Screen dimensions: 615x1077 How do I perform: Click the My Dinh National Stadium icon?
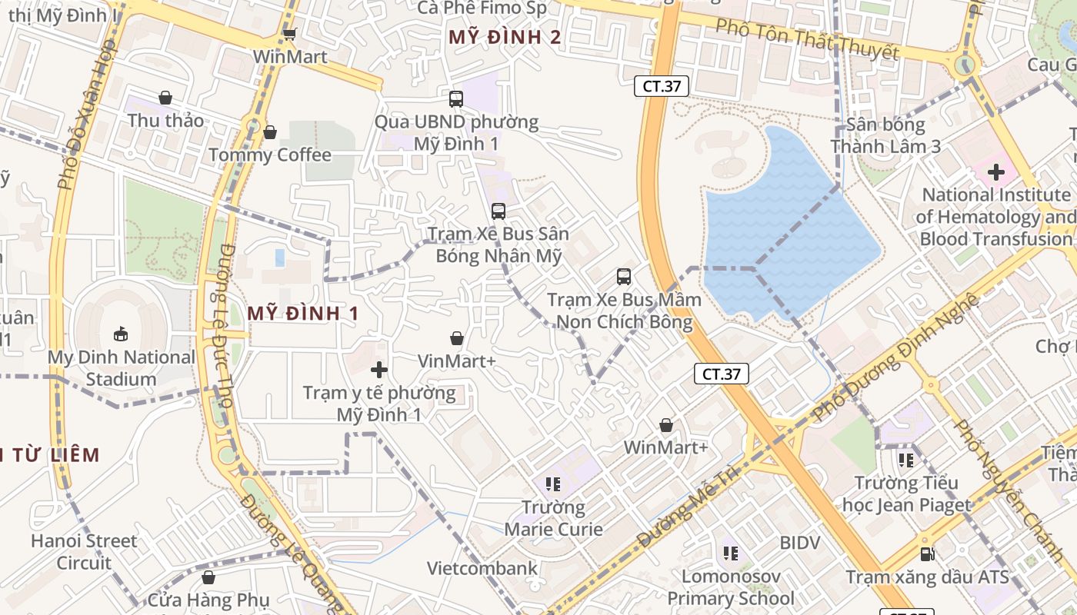coord(121,334)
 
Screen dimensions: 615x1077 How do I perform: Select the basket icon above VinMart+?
coord(457,338)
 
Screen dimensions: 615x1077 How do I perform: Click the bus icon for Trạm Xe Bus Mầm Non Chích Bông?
coord(624,277)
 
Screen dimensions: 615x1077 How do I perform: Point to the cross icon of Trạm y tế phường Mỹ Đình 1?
coord(378,370)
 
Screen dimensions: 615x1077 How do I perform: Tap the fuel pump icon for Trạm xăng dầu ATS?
coord(928,554)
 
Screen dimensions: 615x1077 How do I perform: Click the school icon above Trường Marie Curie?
coord(553,484)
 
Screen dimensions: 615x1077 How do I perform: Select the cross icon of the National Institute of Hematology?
coord(996,172)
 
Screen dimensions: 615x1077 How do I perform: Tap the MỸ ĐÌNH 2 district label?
coord(505,37)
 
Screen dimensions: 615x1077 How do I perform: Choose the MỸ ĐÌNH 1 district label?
coord(303,313)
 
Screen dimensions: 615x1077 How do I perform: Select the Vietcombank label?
coord(482,569)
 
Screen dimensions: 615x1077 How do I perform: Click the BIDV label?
coord(800,543)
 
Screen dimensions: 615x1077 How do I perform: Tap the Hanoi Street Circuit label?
coord(84,552)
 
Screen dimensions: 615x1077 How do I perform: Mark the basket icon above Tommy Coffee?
coord(270,132)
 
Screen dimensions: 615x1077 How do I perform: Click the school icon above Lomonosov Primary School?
coord(731,553)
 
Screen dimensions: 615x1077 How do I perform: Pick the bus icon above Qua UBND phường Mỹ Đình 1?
coord(456,98)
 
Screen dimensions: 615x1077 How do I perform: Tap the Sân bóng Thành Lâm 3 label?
coord(885,135)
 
